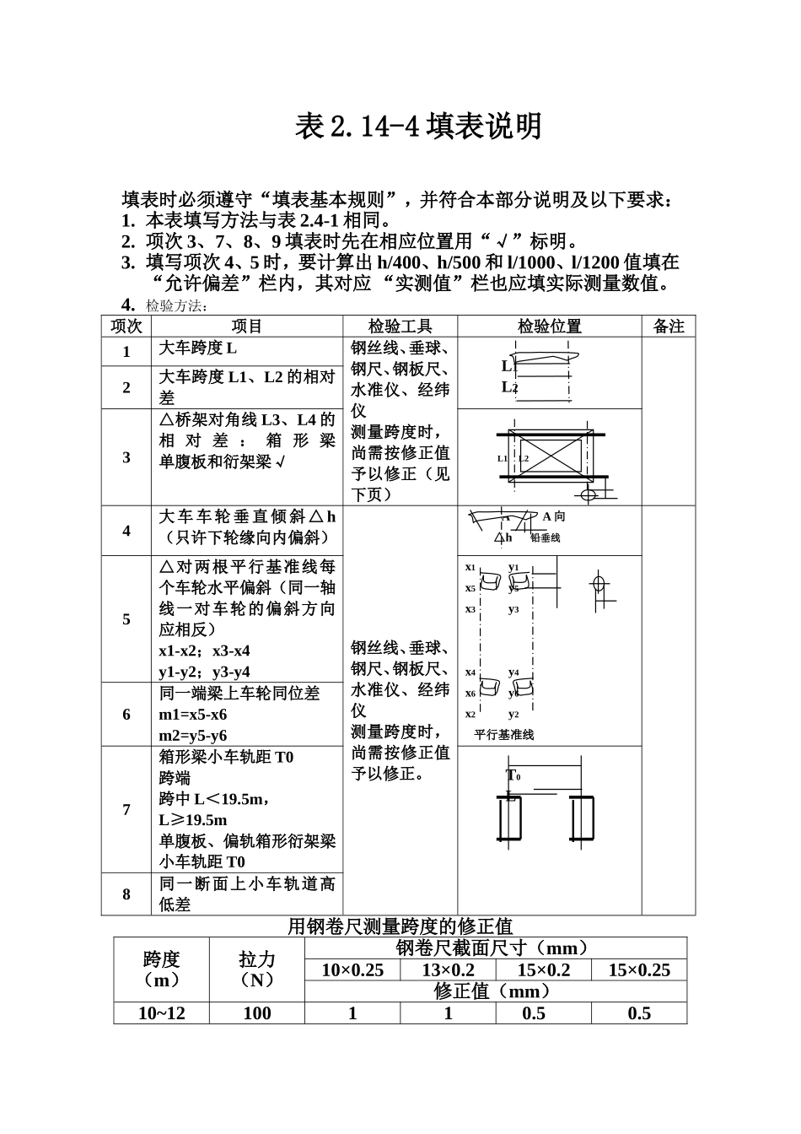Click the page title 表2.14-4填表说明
coord(418,127)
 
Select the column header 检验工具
coord(400,327)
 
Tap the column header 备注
coord(669,327)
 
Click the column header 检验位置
coord(549,327)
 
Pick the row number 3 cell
coord(126,457)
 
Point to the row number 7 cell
coord(126,809)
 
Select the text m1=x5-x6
coord(193,714)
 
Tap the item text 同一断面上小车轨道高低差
coord(247,894)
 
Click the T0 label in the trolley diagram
coord(513,775)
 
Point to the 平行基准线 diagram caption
coord(504,734)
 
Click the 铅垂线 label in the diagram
coord(545,537)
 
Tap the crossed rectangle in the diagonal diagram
coord(549,458)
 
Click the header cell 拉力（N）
coord(256,969)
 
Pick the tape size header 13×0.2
coord(448,970)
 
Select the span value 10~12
coord(161,1013)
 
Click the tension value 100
coord(256,1013)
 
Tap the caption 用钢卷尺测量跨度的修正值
coord(400,926)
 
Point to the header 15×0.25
coord(638,970)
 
